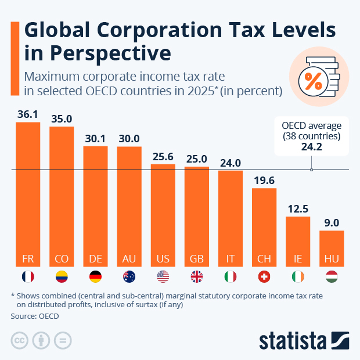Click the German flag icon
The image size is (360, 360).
point(95,277)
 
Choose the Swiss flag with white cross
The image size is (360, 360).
point(264,277)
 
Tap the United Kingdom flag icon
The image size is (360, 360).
point(197,277)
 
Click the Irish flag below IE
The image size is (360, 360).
point(298,277)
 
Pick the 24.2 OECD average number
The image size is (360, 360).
point(311,147)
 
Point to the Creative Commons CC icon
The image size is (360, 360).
point(20,340)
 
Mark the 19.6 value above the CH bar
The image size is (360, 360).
point(264,181)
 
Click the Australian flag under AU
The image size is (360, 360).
point(129,277)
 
